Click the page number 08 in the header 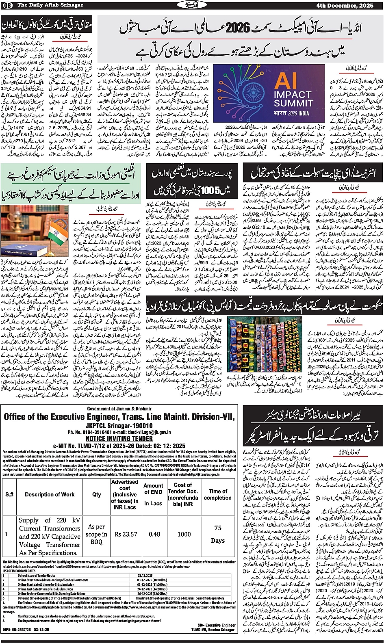click(8, 4)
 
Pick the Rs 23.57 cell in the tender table click(126, 534)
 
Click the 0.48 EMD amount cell click(154, 534)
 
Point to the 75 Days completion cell click(218, 534)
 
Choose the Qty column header click(97, 494)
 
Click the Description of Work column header click(50, 494)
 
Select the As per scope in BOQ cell click(97, 534)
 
